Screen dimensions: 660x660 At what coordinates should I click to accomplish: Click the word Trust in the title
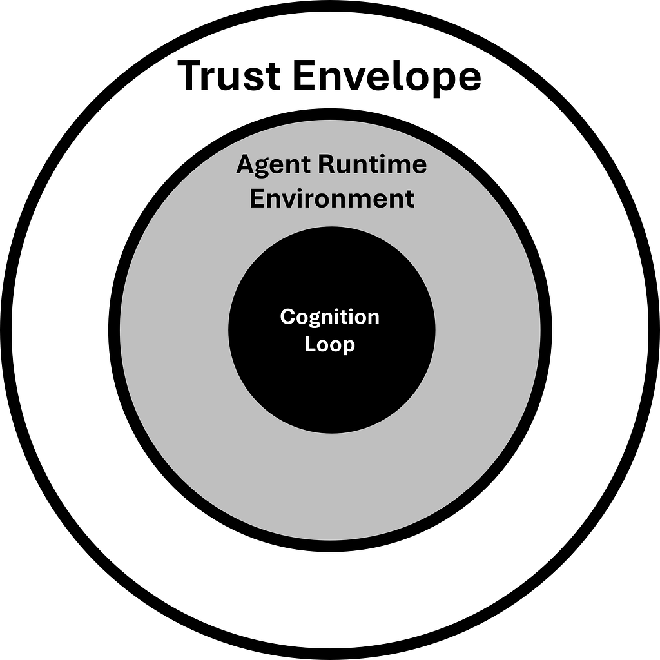click(x=229, y=76)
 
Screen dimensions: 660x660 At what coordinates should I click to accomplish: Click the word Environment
click(x=331, y=199)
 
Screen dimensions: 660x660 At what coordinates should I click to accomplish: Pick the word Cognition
click(x=330, y=317)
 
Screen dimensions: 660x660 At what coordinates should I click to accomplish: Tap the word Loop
click(x=330, y=345)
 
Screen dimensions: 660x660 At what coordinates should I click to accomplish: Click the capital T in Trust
click(x=191, y=76)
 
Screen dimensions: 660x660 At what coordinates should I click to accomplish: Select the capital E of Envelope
click(x=304, y=76)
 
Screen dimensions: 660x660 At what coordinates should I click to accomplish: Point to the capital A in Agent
click(x=244, y=165)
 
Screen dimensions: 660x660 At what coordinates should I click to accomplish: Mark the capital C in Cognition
click(x=287, y=317)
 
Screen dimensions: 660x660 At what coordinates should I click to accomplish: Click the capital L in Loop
click(x=309, y=345)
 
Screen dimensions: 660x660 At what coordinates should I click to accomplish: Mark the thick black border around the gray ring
click(x=114, y=330)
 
